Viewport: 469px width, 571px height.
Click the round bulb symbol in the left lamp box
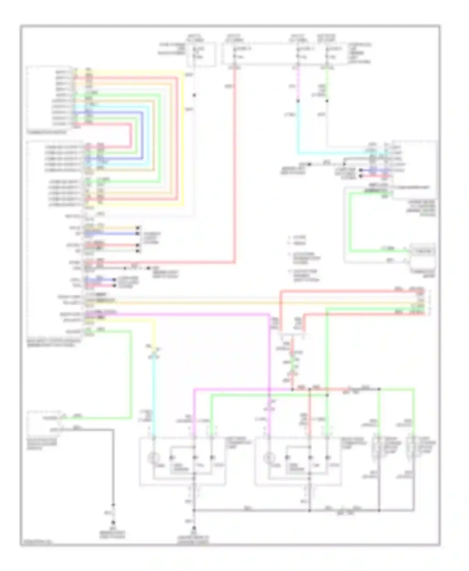pos(154,458)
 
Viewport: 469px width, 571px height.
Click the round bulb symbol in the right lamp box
pos(268,458)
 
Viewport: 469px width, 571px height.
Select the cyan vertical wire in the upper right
pos(298,128)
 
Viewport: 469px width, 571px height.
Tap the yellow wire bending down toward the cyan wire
pos(154,331)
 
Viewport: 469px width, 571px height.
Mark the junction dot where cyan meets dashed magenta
pos(298,101)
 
